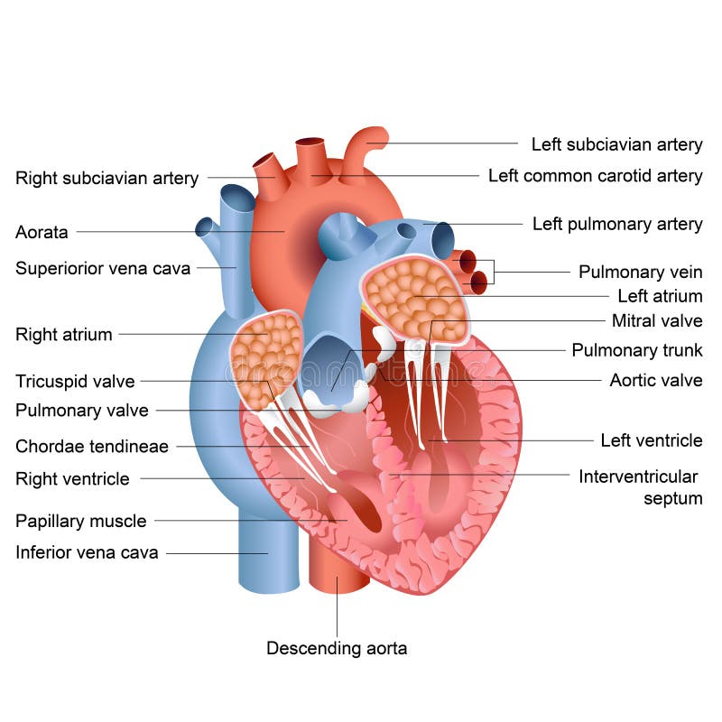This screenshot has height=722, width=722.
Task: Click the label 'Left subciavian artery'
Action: (616, 144)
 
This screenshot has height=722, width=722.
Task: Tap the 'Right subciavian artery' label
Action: (106, 178)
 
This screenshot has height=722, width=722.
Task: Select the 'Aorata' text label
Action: (42, 232)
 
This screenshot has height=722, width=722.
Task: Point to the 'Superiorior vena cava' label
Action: (103, 268)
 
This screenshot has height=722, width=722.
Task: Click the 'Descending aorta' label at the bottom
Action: (337, 648)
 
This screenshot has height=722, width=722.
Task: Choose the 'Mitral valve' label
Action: (657, 320)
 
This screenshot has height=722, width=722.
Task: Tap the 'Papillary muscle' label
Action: (80, 521)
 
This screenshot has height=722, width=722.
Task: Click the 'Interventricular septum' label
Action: (640, 486)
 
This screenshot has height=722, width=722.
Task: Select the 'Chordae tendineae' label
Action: (91, 446)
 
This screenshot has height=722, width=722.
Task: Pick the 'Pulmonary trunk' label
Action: (637, 350)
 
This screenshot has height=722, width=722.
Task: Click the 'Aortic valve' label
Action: (656, 380)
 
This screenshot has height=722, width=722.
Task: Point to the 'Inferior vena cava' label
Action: (87, 552)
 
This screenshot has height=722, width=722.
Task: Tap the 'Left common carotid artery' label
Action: (596, 176)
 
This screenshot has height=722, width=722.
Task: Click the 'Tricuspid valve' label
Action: (75, 381)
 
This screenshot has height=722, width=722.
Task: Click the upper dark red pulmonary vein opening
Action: (467, 262)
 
